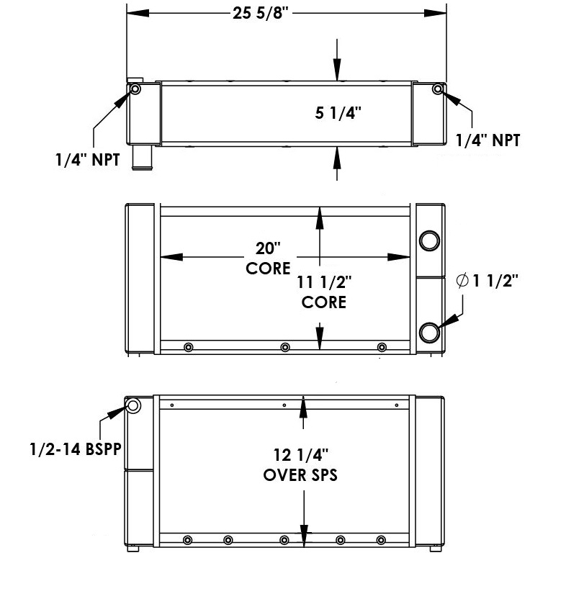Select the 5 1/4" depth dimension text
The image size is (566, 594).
click(x=338, y=113)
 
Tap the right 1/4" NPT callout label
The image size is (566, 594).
click(x=488, y=140)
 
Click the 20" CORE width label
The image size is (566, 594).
click(x=267, y=258)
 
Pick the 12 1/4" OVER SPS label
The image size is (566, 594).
click(x=300, y=464)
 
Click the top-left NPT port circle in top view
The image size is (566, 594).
click(x=135, y=89)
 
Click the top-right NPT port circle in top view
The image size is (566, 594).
click(x=438, y=89)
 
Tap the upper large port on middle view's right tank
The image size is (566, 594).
click(x=429, y=240)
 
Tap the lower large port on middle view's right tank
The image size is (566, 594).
click(x=429, y=332)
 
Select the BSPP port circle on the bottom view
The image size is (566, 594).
click(x=133, y=406)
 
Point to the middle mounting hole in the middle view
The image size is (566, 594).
click(x=285, y=348)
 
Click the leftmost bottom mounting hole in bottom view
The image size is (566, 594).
click(x=188, y=541)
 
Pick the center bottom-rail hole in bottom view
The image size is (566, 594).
click(x=285, y=541)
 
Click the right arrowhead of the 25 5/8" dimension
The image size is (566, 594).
click(x=436, y=14)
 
